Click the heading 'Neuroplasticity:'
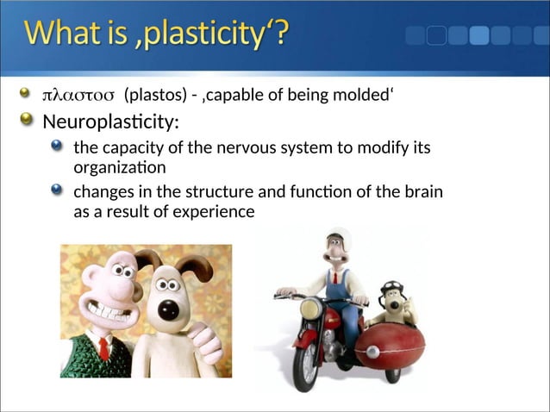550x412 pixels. (x=110, y=121)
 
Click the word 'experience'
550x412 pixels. (x=216, y=210)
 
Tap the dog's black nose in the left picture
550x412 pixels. (x=170, y=313)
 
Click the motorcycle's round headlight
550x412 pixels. (x=310, y=309)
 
